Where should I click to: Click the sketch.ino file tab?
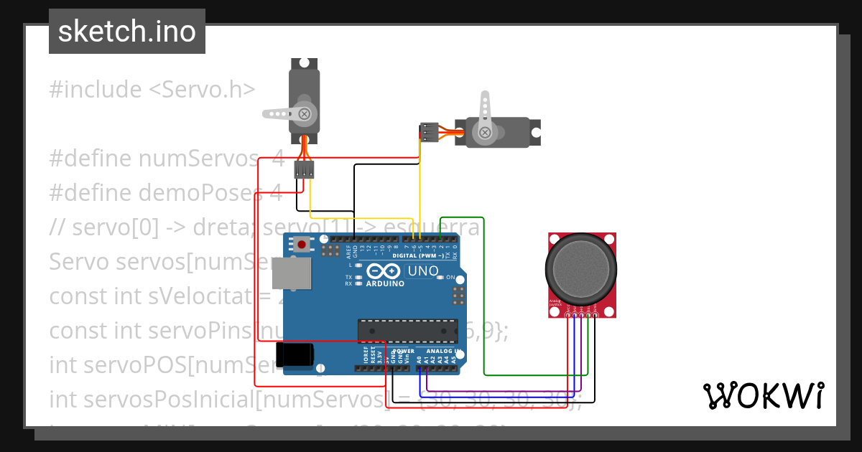click(x=126, y=32)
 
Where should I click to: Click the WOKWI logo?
click(x=763, y=395)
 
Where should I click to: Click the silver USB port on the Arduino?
click(x=292, y=273)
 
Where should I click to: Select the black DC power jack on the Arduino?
click(x=295, y=354)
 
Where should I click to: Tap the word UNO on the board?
click(x=422, y=271)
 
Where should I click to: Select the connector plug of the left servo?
click(x=305, y=169)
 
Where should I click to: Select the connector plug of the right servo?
click(x=429, y=133)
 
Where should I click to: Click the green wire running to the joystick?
click(x=484, y=301)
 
